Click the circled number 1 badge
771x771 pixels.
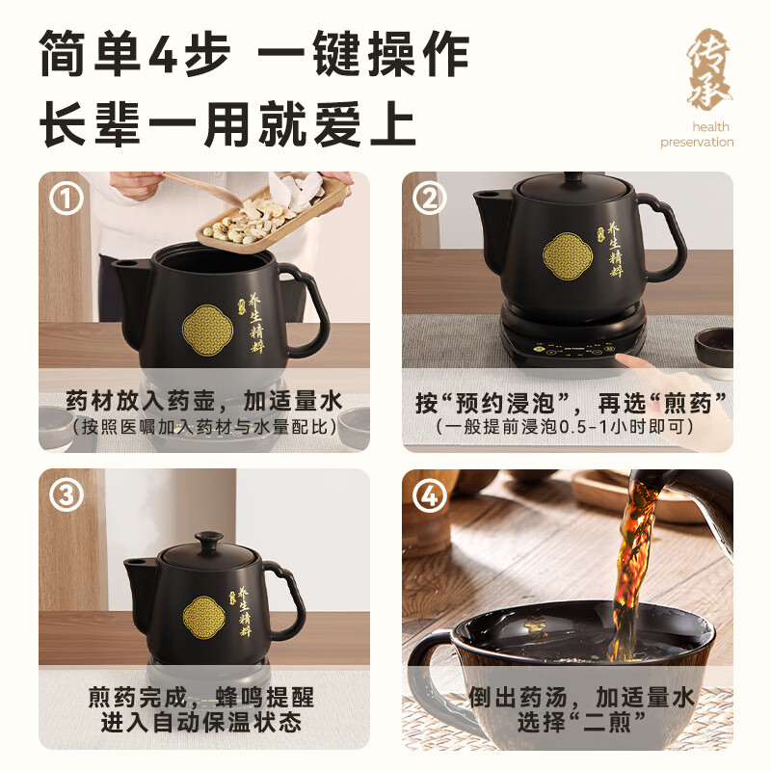(66, 199)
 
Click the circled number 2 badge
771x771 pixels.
(430, 199)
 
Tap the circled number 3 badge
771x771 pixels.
(66, 496)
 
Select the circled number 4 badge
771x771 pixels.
(430, 496)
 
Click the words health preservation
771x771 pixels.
(697, 135)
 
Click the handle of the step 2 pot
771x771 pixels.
(663, 233)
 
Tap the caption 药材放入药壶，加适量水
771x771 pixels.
(203, 400)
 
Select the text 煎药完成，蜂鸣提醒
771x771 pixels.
(203, 697)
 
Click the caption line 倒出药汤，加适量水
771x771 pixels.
(568, 697)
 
